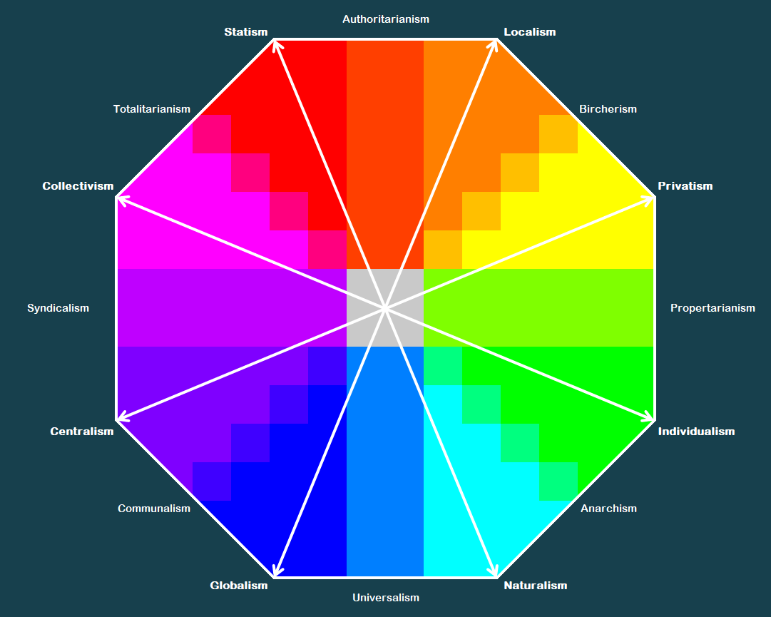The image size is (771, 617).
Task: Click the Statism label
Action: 246,32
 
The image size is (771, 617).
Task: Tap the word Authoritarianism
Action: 386,19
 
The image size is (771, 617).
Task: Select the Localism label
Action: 529,32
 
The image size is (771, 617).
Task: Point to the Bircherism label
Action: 608,109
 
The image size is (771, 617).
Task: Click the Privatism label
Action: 685,186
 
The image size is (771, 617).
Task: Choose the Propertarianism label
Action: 713,308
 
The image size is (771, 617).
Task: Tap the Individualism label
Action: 696,431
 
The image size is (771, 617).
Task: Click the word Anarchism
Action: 608,509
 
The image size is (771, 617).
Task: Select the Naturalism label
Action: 536,586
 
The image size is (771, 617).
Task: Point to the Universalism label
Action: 386,598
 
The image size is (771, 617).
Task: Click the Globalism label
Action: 239,586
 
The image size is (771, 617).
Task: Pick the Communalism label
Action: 154,509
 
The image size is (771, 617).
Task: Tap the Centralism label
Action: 81,431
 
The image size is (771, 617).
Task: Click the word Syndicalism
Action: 58,308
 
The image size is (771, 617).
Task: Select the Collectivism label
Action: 78,186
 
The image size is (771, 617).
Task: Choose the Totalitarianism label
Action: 151,109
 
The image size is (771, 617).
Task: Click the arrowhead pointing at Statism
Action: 277,44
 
